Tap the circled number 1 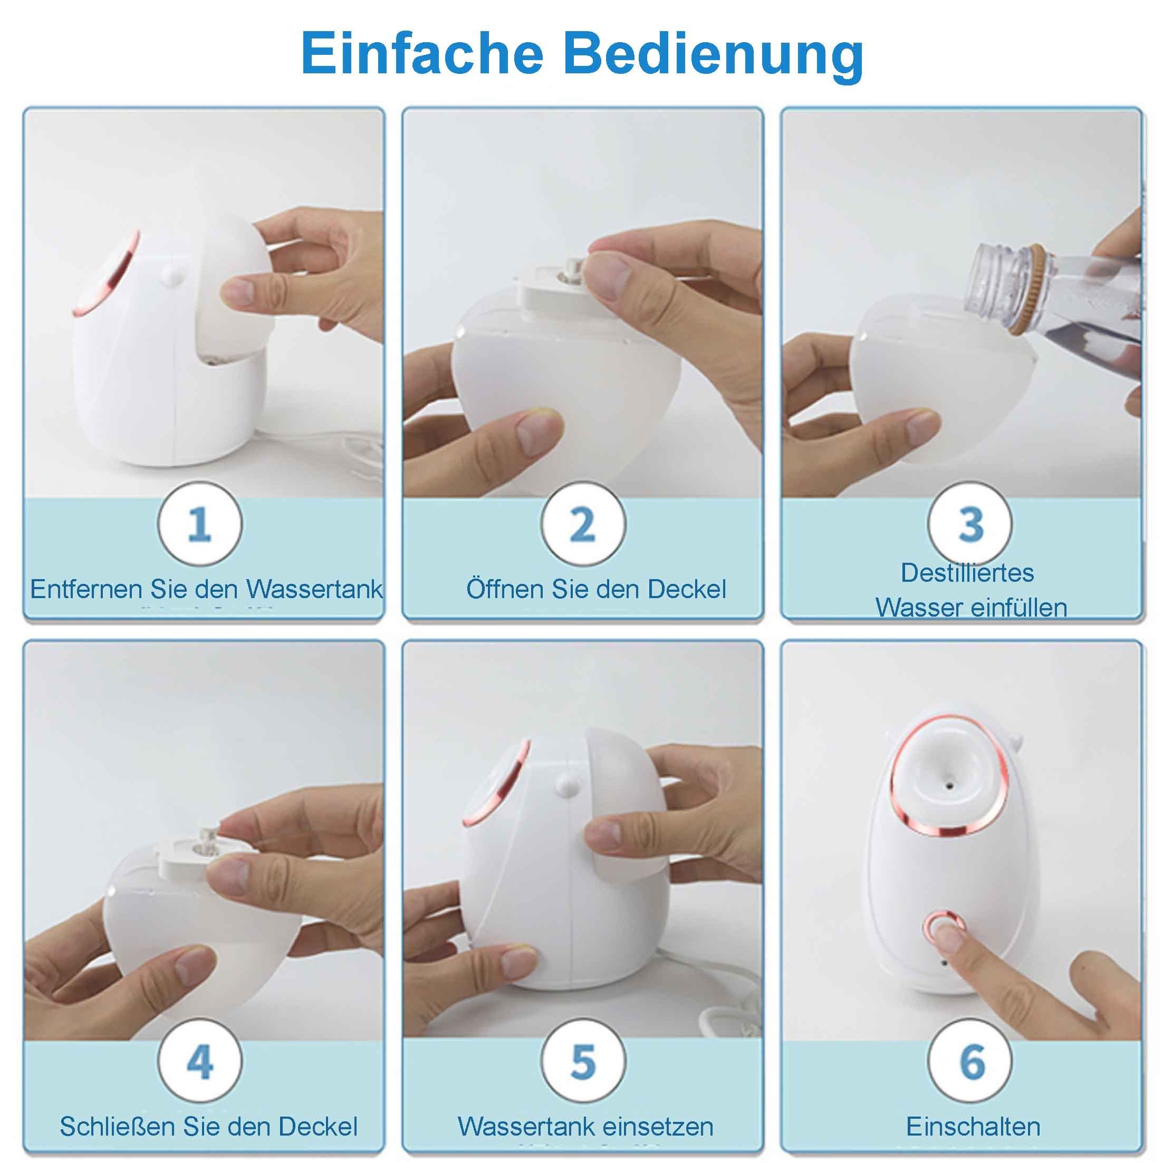tap(200, 524)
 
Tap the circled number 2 tap(583, 524)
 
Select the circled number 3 tap(970, 524)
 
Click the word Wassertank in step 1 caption tap(314, 589)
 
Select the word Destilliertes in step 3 tap(967, 572)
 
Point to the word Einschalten tap(973, 1126)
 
